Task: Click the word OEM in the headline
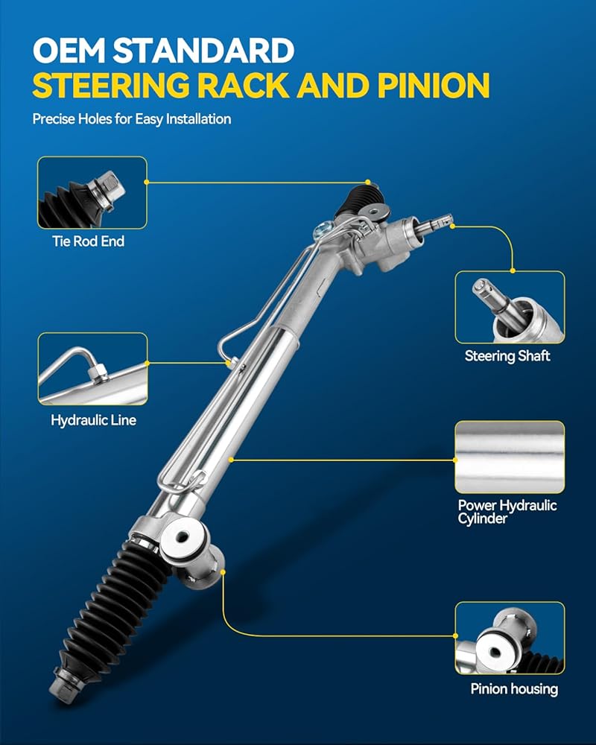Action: (x=69, y=51)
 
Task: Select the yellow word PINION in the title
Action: (x=434, y=86)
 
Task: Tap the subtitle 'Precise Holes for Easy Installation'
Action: (x=132, y=118)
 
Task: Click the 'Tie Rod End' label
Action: (x=89, y=241)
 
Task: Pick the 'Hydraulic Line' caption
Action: (x=94, y=420)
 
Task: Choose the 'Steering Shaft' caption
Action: (x=507, y=356)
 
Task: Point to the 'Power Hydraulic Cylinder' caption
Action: (x=507, y=512)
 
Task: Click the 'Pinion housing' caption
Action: (x=514, y=689)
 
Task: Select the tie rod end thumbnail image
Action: (x=92, y=192)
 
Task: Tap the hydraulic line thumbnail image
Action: (x=92, y=370)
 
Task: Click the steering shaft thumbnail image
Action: (x=510, y=308)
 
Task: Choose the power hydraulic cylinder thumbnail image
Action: (x=510, y=457)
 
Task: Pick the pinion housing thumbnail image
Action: (x=510, y=638)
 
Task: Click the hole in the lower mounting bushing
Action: (x=182, y=538)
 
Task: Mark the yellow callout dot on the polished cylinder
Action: (x=231, y=460)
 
